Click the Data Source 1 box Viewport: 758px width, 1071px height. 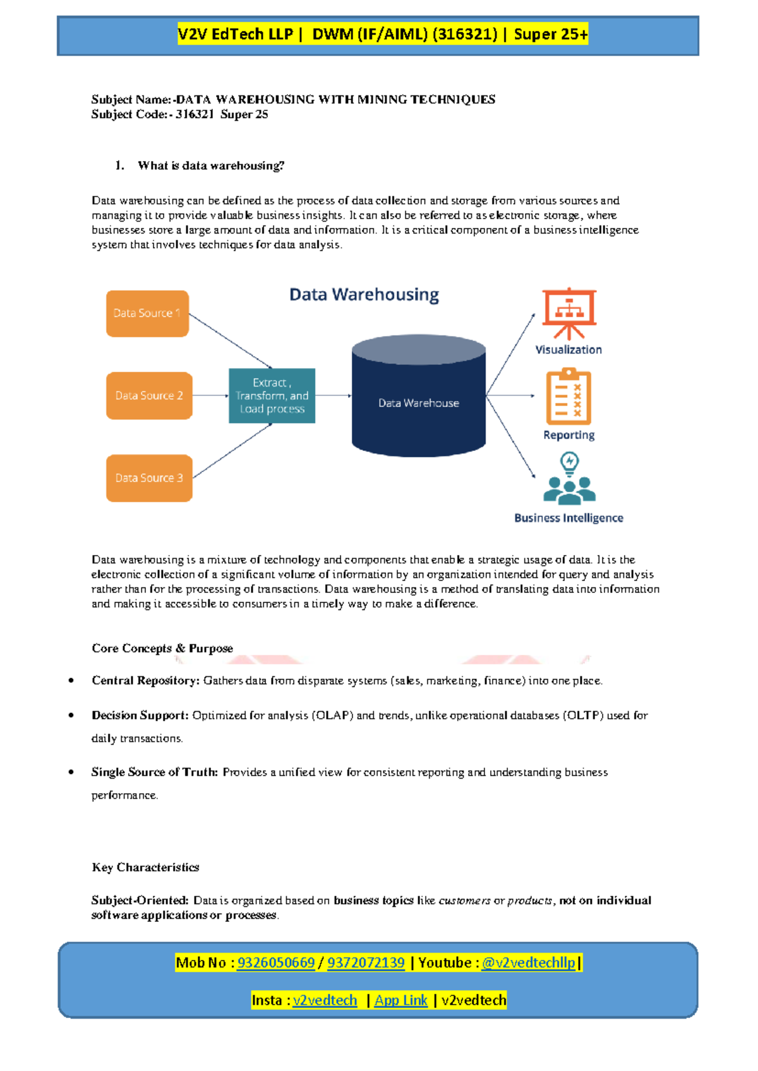pyautogui.click(x=147, y=313)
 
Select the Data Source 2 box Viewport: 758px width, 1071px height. pyautogui.click(x=149, y=395)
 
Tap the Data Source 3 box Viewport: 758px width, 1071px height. pyautogui.click(x=149, y=478)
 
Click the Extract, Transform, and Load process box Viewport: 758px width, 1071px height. pyautogui.click(x=272, y=395)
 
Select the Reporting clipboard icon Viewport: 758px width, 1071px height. pyautogui.click(x=568, y=397)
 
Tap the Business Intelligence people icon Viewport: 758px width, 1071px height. pyautogui.click(x=568, y=480)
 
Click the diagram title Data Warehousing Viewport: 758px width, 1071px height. pyautogui.click(x=364, y=295)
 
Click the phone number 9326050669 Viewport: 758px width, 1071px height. pyautogui.click(x=275, y=962)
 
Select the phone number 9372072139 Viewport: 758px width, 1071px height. pyautogui.click(x=366, y=962)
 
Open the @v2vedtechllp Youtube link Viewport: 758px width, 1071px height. pyautogui.click(x=528, y=962)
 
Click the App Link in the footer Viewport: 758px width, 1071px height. pyautogui.click(x=400, y=1000)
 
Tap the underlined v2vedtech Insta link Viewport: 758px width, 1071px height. pyautogui.click(x=325, y=1000)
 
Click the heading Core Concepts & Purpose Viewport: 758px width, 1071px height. pyautogui.click(x=162, y=649)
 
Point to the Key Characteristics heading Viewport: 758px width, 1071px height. pyautogui.click(x=145, y=867)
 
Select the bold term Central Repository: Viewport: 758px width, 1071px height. pyautogui.click(x=145, y=681)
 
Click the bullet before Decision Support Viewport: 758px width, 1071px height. pyautogui.click(x=71, y=715)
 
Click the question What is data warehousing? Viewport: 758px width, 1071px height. pyautogui.click(x=211, y=166)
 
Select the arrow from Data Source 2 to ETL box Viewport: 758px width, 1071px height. pyautogui.click(x=210, y=395)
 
